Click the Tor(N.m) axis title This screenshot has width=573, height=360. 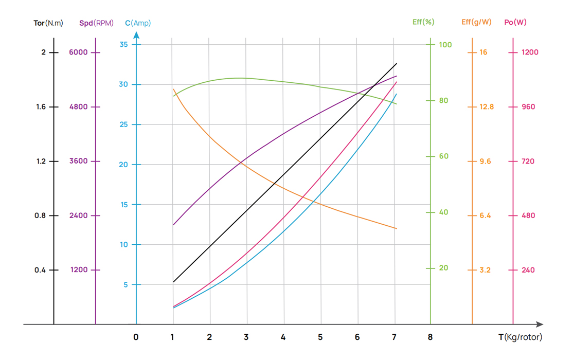[48, 23]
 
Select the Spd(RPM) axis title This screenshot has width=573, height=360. [96, 23]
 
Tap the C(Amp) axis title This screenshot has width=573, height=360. [138, 23]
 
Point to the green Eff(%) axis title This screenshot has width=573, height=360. [423, 22]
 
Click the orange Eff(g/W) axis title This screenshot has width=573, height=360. [476, 22]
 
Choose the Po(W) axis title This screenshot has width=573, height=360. [515, 22]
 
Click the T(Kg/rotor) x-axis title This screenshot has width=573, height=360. [520, 337]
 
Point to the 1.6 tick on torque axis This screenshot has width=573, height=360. [40, 107]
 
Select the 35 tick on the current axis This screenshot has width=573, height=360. [123, 45]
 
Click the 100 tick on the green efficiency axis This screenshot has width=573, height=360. [445, 45]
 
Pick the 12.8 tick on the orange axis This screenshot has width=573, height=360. [487, 107]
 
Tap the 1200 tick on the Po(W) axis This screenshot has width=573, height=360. [530, 52]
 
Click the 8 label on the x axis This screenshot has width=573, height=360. [430, 337]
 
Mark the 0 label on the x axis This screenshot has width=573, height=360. [136, 337]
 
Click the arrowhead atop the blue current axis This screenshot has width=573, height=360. [136, 35]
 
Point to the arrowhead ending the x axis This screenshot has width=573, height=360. [540, 325]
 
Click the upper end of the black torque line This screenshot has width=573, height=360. [397, 64]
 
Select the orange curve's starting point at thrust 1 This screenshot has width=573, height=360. [174, 89]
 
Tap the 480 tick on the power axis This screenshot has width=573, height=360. [528, 215]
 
